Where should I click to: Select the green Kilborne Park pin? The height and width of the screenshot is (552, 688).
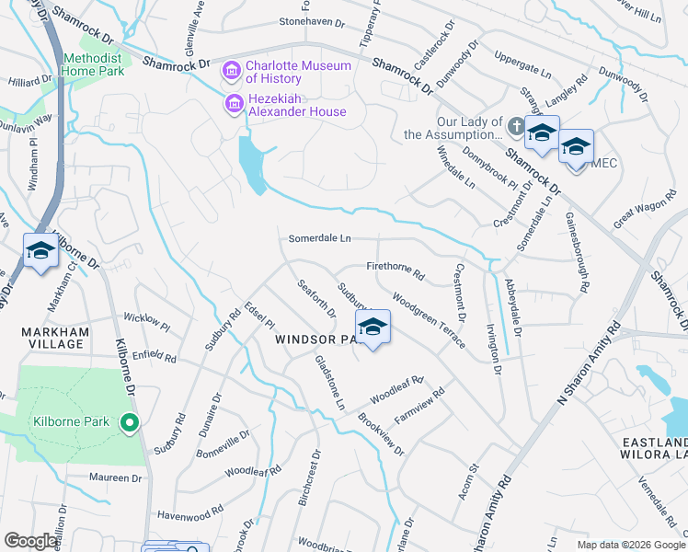130,423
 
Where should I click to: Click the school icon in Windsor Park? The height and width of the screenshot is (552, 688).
373,328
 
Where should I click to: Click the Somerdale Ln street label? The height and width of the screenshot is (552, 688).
320,238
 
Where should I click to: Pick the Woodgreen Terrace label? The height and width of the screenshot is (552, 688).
429,318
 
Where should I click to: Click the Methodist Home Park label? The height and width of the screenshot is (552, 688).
92,64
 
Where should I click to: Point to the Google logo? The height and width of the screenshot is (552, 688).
30,541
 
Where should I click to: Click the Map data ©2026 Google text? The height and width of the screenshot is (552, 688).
631,545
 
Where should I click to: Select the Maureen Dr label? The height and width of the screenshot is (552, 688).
115,478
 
